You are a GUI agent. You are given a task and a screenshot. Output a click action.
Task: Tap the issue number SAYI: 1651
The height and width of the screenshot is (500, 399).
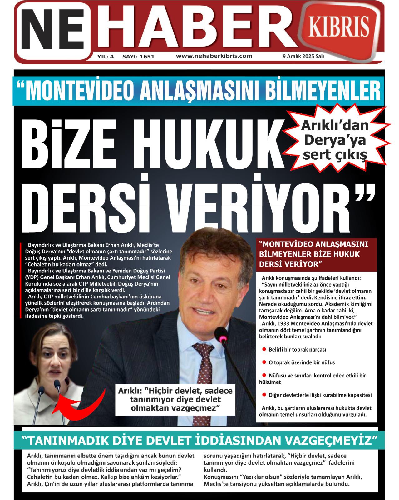pos(138,57)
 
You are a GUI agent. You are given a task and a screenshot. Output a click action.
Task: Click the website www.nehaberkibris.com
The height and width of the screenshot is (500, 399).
pos(214,56)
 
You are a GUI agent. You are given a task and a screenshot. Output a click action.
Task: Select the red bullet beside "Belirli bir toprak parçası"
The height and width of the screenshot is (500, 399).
pos(264,349)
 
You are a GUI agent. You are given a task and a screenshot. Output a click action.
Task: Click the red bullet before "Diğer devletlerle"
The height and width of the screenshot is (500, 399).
pos(264,395)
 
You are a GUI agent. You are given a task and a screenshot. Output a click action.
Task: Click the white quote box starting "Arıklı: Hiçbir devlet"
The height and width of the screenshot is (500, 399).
pos(175,399)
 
